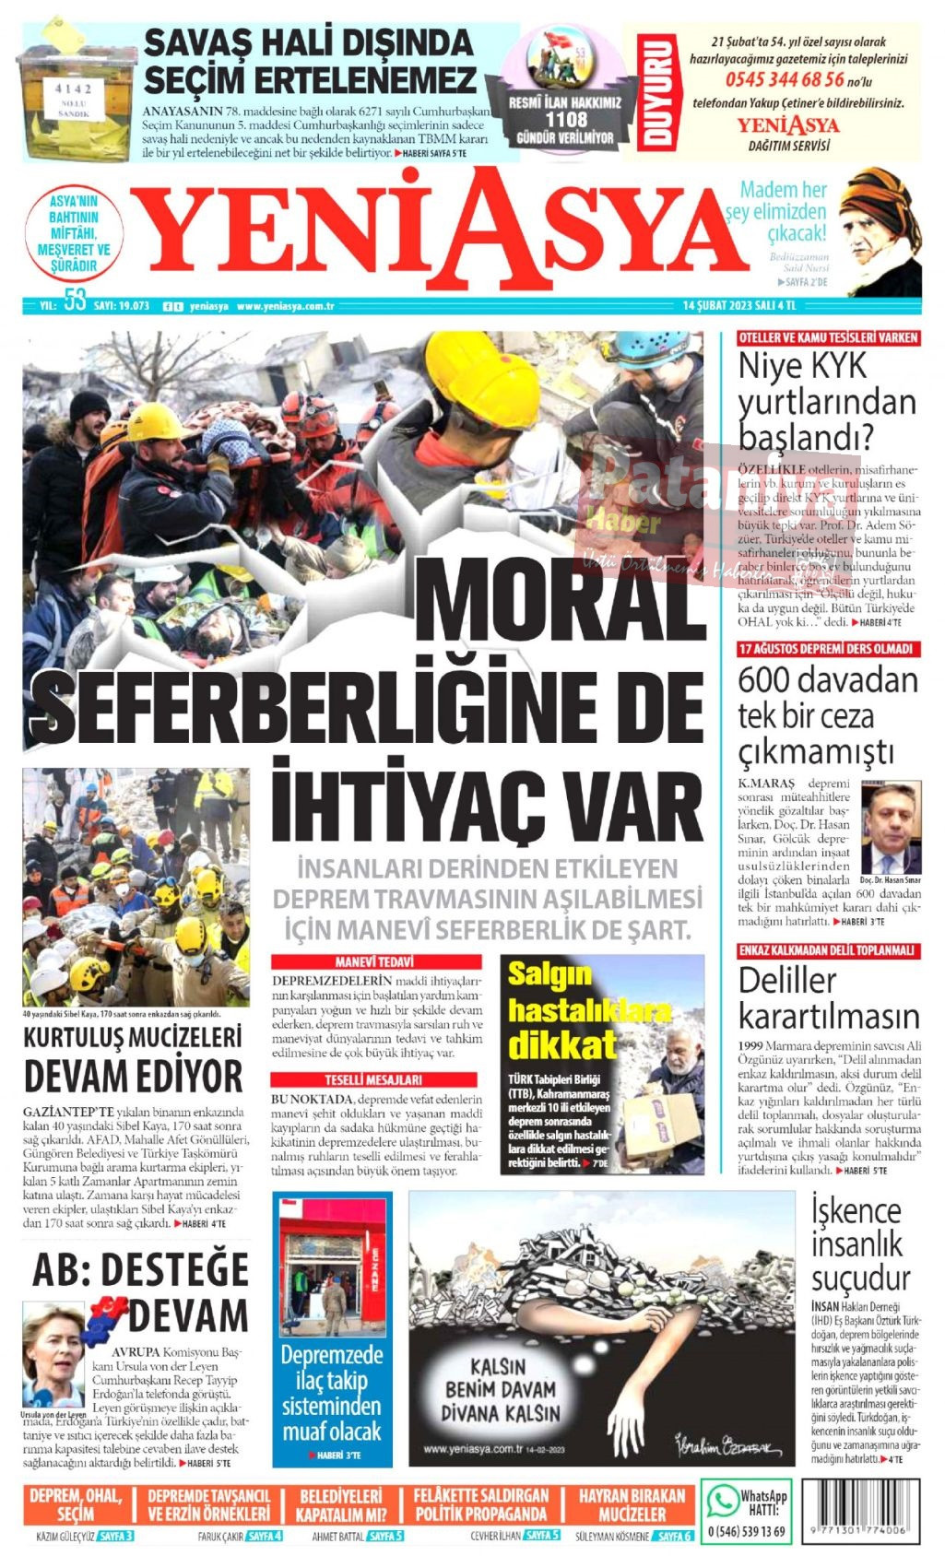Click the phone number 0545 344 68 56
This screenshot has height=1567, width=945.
pyautogui.click(x=784, y=80)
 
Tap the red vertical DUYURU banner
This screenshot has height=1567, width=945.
pyautogui.click(x=656, y=92)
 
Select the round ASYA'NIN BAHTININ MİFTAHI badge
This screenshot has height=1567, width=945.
pyautogui.click(x=74, y=233)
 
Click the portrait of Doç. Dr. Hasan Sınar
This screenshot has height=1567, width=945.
pyautogui.click(x=890, y=827)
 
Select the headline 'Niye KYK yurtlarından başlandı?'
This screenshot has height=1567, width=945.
pyautogui.click(x=826, y=401)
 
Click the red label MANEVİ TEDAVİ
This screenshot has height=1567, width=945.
pyautogui.click(x=374, y=961)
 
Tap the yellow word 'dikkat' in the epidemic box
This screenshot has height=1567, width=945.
pyautogui.click(x=561, y=1044)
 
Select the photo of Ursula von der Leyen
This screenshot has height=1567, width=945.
pyautogui.click(x=53, y=1355)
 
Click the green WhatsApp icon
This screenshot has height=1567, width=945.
pyautogui.click(x=722, y=1502)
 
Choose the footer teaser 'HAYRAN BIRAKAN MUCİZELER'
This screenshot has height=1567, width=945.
pyautogui.click(x=632, y=1505)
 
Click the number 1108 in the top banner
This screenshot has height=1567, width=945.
pyautogui.click(x=565, y=119)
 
